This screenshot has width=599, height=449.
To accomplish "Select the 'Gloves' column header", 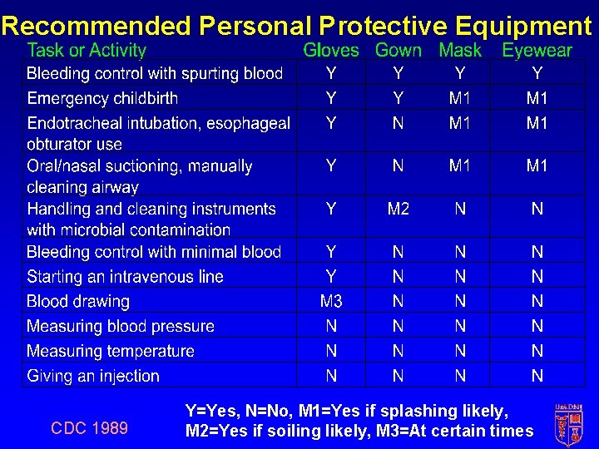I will [x=331, y=51].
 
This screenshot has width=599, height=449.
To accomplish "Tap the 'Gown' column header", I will [x=399, y=51].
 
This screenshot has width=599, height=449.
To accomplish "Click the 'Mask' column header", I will [x=460, y=51].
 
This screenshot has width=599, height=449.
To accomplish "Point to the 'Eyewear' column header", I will [x=537, y=51].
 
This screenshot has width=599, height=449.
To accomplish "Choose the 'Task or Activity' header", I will [x=87, y=51].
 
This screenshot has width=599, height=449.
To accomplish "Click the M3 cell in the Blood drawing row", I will [x=331, y=301].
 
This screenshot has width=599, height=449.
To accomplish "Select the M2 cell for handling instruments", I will [x=399, y=209].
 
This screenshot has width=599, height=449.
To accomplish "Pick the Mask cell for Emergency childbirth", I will [x=460, y=98].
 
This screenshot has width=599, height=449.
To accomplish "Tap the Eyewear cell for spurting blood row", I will [x=537, y=73].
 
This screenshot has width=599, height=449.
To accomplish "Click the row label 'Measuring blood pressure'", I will [x=121, y=326].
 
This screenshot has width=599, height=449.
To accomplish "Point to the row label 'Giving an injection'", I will [x=93, y=376].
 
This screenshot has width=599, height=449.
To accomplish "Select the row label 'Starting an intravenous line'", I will [x=125, y=276].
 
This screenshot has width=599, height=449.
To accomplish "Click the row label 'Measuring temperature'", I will [x=111, y=351].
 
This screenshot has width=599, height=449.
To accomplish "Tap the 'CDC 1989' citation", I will [x=90, y=428].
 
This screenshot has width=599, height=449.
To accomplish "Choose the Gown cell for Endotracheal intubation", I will [x=399, y=123].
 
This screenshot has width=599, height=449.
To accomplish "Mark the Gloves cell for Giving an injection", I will [x=331, y=376].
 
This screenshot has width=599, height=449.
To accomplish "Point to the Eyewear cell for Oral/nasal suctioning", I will [x=537, y=165].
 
